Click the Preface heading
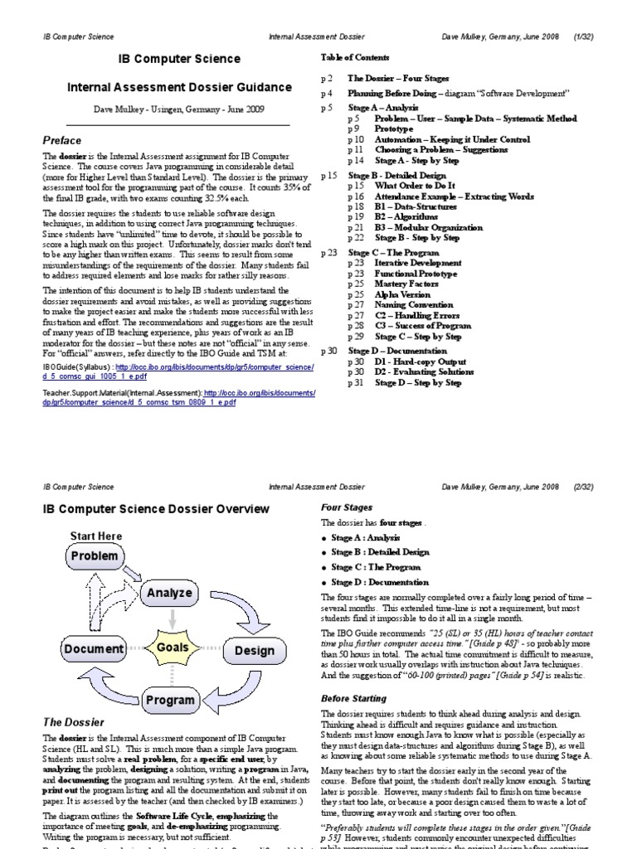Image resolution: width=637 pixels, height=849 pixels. tap(62, 140)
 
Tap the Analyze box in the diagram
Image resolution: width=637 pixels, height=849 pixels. tap(169, 593)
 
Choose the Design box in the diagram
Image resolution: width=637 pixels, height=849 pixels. tap(254, 650)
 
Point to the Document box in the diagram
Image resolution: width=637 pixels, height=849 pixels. tap(93, 649)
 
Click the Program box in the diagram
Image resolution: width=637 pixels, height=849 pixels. tap(169, 701)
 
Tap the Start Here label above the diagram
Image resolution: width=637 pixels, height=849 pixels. tap(96, 536)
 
